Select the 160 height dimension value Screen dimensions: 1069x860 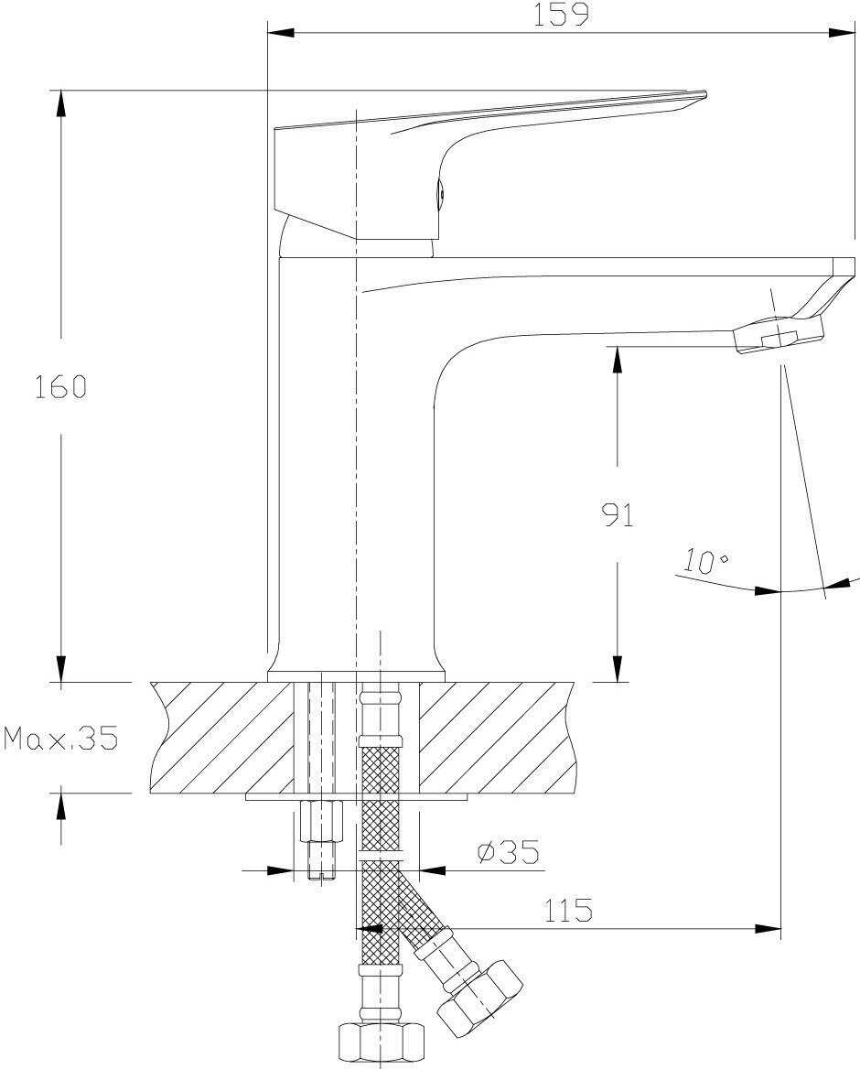60,387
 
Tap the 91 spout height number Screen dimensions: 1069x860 618,515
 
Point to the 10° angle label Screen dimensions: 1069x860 705,561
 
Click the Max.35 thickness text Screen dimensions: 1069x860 61,739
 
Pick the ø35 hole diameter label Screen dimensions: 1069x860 508,853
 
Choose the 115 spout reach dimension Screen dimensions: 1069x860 568,911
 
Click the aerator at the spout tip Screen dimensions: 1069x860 778,334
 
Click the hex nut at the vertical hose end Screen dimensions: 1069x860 381,1041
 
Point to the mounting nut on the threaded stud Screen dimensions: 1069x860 320,820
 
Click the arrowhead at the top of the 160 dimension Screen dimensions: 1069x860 61,101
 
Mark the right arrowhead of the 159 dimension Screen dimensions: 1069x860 843,34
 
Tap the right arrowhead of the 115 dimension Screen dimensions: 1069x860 768,929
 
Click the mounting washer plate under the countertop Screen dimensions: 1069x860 357,797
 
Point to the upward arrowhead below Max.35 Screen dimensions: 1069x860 61,805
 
